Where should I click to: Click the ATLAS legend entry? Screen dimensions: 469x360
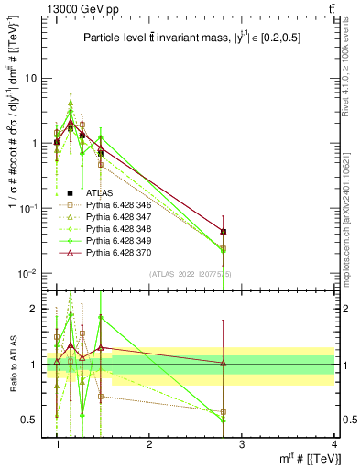(99, 192)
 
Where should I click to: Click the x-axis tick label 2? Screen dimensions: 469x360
(149, 445)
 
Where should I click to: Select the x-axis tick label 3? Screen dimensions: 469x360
(241, 445)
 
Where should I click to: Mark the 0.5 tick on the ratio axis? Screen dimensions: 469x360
(30, 420)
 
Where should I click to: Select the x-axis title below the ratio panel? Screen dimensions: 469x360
(297, 460)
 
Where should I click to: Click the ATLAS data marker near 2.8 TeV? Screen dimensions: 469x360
(224, 232)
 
